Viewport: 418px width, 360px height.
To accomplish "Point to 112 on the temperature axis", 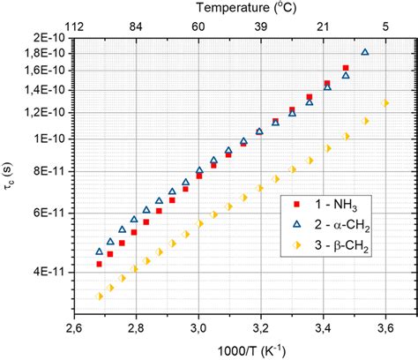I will pyautogui.click(x=74, y=27).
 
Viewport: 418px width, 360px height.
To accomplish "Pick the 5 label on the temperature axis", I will pyautogui.click(x=385, y=27).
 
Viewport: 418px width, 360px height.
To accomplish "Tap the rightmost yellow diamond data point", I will pyautogui.click(x=384, y=103).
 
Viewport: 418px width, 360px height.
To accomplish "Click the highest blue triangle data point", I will pyautogui.click(x=365, y=52).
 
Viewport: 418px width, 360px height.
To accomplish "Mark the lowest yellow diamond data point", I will pyautogui.click(x=99, y=296).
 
